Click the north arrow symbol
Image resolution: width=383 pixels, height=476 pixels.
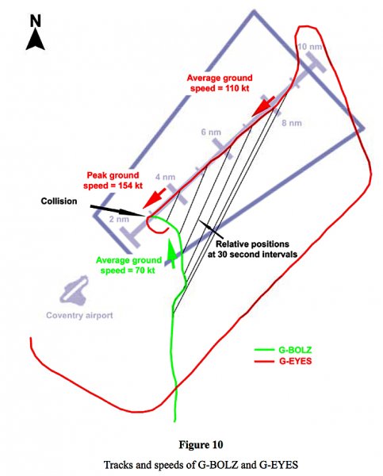pos(36,39)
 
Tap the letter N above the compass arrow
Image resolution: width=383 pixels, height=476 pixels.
pos(36,21)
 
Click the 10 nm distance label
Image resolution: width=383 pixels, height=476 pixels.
pos(309,47)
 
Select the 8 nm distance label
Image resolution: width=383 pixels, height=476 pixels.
pos(292,123)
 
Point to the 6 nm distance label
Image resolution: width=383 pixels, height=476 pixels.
pos(211,132)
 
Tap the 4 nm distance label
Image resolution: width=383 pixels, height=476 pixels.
pos(165,177)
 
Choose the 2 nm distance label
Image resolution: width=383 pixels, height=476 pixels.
pos(119,219)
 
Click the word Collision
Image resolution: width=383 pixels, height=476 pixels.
pos(59,202)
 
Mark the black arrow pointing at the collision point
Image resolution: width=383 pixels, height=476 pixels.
pos(117,211)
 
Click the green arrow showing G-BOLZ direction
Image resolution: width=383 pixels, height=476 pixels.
pos(172,254)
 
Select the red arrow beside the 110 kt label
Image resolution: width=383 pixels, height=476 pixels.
pos(263,106)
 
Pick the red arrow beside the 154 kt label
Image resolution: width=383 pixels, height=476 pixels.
pos(154,198)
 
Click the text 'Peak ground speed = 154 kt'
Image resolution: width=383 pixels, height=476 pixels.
pos(113,180)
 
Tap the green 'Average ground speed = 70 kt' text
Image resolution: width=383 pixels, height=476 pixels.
pos(128,265)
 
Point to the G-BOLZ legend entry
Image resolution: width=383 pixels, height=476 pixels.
pos(283,350)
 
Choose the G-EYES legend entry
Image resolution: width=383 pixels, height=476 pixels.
pos(283,361)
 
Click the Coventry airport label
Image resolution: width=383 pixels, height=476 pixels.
pos(79,316)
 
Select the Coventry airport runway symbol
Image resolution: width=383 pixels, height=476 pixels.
pos(74,290)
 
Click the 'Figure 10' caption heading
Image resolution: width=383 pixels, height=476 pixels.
pos(201,445)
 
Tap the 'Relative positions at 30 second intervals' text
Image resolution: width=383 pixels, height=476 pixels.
pos(252,249)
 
